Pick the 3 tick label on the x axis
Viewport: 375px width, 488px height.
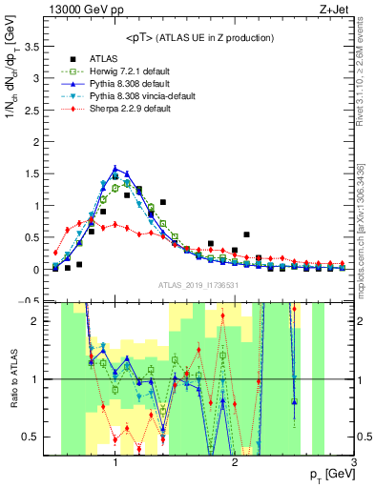tap(354, 461)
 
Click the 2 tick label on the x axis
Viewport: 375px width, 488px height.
tap(235, 461)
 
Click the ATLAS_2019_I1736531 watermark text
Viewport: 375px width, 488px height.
tap(198, 284)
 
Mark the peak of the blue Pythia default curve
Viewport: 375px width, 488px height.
tap(115, 168)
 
